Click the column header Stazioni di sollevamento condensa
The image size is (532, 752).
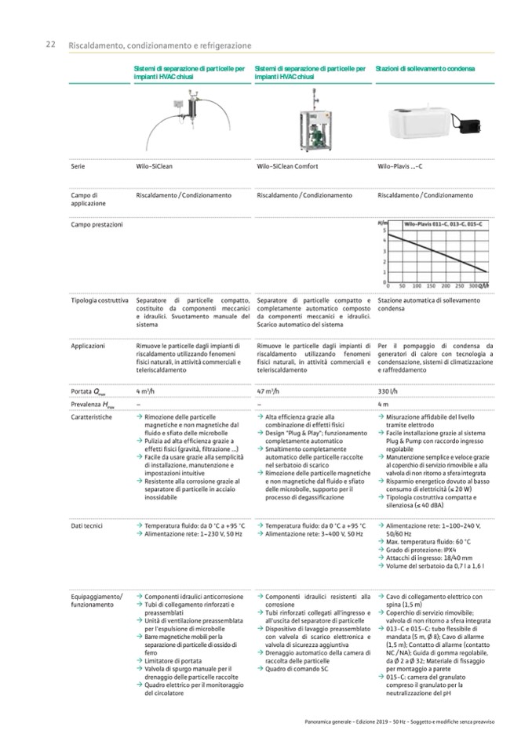click(x=425, y=70)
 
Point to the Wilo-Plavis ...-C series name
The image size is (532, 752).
click(x=400, y=166)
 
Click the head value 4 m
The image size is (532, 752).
click(x=384, y=404)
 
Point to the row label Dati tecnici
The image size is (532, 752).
click(x=86, y=525)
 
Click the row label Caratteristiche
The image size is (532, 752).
click(x=91, y=417)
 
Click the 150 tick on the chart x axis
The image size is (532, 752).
click(x=431, y=287)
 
